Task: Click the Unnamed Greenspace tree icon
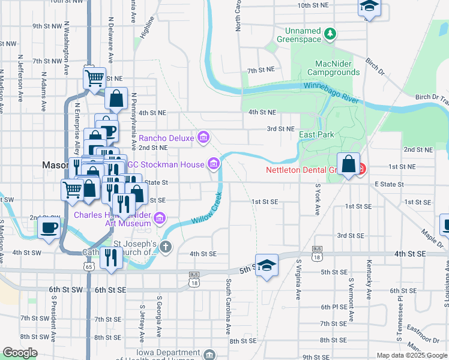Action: tap(330, 34)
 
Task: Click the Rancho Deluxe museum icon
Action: tap(203, 139)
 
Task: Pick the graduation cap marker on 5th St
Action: tap(267, 265)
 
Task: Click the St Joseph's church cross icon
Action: tap(165, 246)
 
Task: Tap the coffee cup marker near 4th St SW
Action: tap(49, 229)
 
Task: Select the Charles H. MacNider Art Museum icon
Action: tap(159, 217)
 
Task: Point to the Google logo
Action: tap(20, 353)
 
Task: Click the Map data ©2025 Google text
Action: tap(412, 355)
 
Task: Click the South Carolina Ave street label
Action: tap(229, 307)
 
